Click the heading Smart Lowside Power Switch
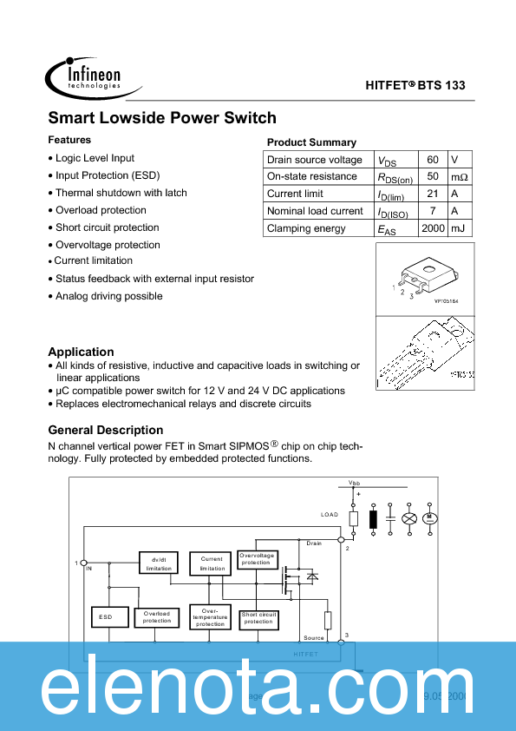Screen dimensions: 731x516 pos(162,118)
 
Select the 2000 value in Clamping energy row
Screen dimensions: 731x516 pos(432,228)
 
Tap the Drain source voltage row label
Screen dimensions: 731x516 pos(315,160)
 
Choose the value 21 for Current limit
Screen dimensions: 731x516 pos(432,194)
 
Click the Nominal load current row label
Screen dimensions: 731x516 pos(315,211)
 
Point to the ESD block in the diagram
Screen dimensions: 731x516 pos(106,617)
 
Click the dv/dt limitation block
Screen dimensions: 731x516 pos(159,563)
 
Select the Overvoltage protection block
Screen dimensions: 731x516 pos(257,558)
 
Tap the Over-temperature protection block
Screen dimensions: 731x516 pos(210,617)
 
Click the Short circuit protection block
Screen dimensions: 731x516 pos(258,617)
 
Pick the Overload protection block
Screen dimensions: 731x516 pos(157,617)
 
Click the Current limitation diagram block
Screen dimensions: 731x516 pos(212,563)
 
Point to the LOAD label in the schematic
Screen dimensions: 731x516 pos(330,515)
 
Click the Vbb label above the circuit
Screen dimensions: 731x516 pos(354,482)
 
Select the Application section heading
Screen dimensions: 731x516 pos(81,352)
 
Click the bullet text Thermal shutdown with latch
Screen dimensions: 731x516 pos(121,193)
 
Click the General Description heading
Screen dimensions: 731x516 pos(105,430)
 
